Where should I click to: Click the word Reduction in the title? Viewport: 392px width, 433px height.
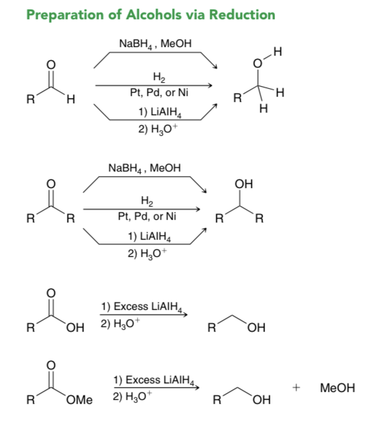242,15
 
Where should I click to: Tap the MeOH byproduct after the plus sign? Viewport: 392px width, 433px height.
337,388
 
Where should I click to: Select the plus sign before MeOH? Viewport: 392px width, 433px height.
296,388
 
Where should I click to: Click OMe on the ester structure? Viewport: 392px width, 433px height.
79,400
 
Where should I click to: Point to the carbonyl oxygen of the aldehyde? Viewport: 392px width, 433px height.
51,65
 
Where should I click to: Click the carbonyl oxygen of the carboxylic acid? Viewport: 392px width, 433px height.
51,293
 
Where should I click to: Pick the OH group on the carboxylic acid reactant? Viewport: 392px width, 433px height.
75,328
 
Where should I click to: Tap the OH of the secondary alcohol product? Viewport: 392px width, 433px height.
244,184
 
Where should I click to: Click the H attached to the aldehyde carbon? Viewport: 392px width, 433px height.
71,99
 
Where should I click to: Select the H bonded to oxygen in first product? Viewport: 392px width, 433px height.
278,52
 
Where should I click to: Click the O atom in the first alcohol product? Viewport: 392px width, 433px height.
257,64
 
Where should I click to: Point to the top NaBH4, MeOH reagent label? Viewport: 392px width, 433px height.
155,44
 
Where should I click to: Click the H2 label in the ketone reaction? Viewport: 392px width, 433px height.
147,201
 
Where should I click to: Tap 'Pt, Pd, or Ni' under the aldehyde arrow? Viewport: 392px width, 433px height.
159,92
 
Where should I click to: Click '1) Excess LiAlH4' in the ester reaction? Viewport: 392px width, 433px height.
154,380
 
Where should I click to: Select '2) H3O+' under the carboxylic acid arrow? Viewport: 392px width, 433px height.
120,323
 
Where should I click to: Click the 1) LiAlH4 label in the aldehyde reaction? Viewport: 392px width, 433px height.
160,113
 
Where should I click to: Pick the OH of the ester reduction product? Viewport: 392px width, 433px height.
262,400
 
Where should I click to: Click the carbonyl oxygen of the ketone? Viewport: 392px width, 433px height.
51,184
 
